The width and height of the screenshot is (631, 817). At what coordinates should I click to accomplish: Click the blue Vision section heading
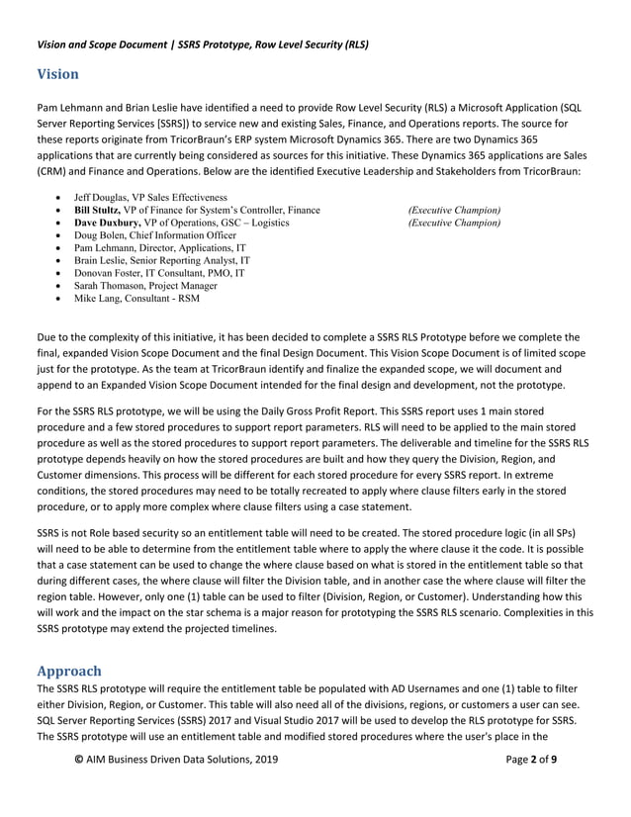[57, 74]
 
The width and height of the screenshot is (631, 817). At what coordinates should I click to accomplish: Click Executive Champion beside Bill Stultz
[454, 211]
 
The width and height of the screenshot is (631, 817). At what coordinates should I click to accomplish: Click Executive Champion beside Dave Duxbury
[454, 224]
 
